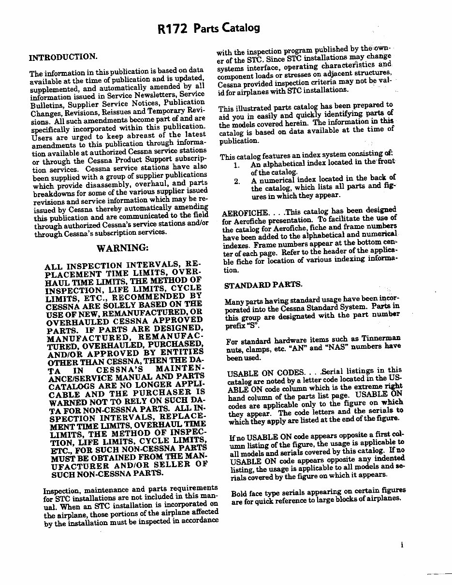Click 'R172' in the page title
pyautogui.click(x=173, y=29)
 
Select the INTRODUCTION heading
pyautogui.click(x=63, y=57)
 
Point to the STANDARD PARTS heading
pyautogui.click(x=263, y=285)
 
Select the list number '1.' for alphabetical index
pyautogui.click(x=236, y=165)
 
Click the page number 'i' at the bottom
pyautogui.click(x=402, y=546)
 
